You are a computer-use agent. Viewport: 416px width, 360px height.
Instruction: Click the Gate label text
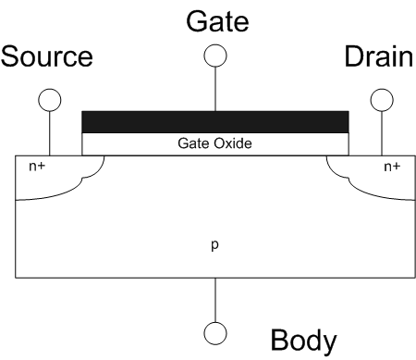tap(217, 21)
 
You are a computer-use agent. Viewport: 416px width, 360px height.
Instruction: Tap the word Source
tap(47, 56)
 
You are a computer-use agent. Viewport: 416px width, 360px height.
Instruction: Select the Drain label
tap(379, 56)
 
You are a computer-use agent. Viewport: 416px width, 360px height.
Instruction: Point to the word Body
tap(304, 341)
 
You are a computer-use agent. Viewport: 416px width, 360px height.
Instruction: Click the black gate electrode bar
tap(215, 122)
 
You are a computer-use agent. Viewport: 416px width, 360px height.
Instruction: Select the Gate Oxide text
tap(214, 143)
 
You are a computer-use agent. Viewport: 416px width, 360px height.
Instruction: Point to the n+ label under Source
tap(37, 167)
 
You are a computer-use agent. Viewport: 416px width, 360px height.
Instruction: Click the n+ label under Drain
tap(392, 167)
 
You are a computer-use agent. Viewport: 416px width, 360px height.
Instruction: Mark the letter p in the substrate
tap(214, 245)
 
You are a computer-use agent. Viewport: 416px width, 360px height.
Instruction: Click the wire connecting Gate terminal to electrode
tap(215, 89)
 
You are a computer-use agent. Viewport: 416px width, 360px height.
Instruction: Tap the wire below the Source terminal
tap(50, 133)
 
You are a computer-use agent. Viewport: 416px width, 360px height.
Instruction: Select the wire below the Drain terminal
tap(382, 133)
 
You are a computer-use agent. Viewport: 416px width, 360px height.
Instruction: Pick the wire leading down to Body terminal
tap(215, 300)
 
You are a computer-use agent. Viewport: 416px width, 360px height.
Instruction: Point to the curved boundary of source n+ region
tap(82, 180)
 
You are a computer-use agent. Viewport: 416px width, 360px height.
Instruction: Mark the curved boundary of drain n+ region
tap(349, 180)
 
